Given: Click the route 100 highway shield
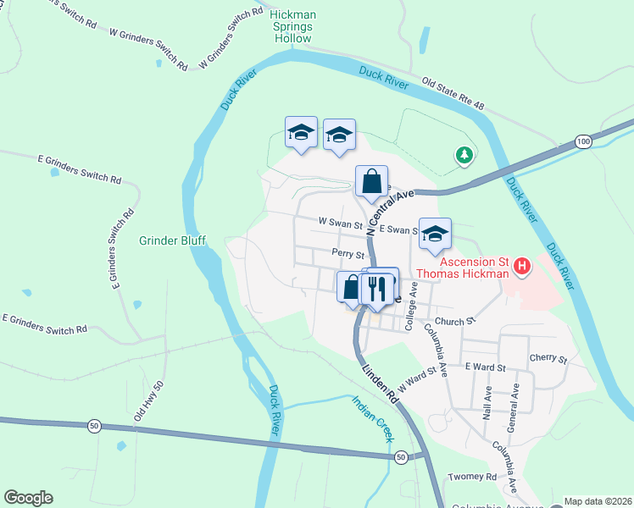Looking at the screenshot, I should point(582,141).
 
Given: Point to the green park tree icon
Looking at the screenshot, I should point(464,154).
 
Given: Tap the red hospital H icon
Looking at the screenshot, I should point(522,268).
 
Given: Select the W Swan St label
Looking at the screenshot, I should point(340,223).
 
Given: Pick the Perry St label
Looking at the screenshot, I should point(348,254).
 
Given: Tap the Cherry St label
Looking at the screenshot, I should point(548,359).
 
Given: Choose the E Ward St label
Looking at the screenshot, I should point(485,367).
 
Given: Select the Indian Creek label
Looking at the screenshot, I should point(374,419).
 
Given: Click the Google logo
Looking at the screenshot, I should point(28,498).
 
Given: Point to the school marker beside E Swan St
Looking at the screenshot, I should point(435,234).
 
